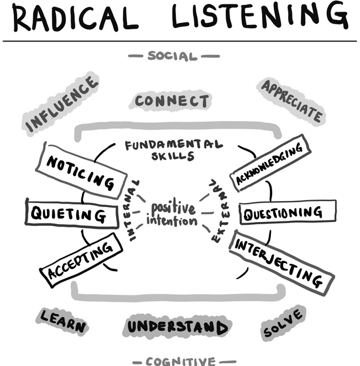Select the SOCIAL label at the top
(x=173, y=56)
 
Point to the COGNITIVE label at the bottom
(x=181, y=362)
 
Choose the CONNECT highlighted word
(x=172, y=101)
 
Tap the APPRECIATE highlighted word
(x=291, y=100)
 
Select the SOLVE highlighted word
(x=283, y=323)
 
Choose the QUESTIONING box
(x=288, y=213)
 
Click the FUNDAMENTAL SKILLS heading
(x=173, y=149)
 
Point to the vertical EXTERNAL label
(x=215, y=213)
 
